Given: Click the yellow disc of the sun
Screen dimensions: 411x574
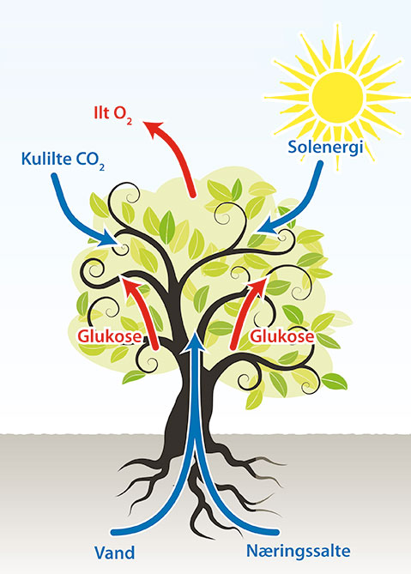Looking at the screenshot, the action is coord(337,98).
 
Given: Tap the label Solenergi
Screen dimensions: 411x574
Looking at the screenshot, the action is coord(325,148).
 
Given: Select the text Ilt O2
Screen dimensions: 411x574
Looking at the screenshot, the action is coord(113,115).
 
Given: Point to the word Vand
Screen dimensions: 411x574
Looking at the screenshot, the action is coord(115,553).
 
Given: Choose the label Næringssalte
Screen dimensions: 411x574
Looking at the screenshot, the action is coord(299,552).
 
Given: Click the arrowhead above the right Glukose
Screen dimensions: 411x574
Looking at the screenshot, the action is coord(257,287).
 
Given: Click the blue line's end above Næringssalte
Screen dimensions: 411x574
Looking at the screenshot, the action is coord(276,532).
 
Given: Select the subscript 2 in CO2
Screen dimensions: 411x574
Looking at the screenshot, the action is coord(101,167).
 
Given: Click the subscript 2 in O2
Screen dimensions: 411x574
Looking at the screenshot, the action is coord(129,122).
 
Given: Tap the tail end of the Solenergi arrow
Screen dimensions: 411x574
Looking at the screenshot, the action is coord(320,164).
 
